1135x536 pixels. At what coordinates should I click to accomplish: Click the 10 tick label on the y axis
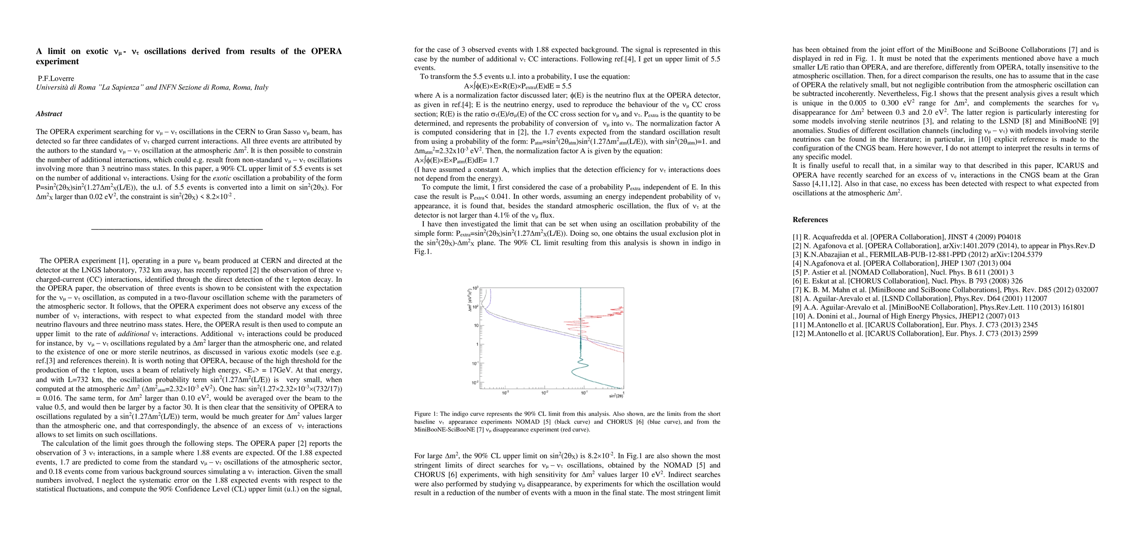click(476, 325)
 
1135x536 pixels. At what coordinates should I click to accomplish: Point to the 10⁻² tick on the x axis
click(544, 393)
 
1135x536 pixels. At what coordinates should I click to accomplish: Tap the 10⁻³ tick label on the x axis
click(505, 393)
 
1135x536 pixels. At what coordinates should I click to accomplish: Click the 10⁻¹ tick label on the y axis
click(475, 363)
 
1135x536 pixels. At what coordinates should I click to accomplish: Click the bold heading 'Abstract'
click(49, 114)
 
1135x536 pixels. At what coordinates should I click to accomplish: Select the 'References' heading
click(810, 220)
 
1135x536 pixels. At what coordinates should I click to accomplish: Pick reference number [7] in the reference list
click(799, 289)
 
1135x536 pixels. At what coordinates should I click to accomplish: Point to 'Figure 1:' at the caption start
click(426, 414)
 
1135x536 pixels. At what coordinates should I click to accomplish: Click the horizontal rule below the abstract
click(177, 229)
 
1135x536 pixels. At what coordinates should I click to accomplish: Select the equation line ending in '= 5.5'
click(518, 86)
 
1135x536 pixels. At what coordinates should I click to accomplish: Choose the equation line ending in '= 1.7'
click(456, 160)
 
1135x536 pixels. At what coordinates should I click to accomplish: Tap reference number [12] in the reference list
click(800, 334)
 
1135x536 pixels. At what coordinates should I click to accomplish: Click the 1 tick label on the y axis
click(477, 344)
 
